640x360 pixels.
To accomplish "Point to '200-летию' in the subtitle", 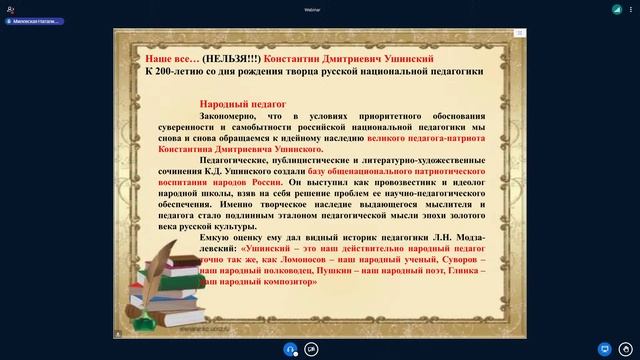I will point(179,72).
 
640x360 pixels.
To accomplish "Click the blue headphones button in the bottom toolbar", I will point(290,349).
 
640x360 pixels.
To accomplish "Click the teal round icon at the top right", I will point(617,8).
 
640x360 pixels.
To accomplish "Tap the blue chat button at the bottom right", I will point(603,348).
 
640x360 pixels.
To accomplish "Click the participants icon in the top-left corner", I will point(10,7).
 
